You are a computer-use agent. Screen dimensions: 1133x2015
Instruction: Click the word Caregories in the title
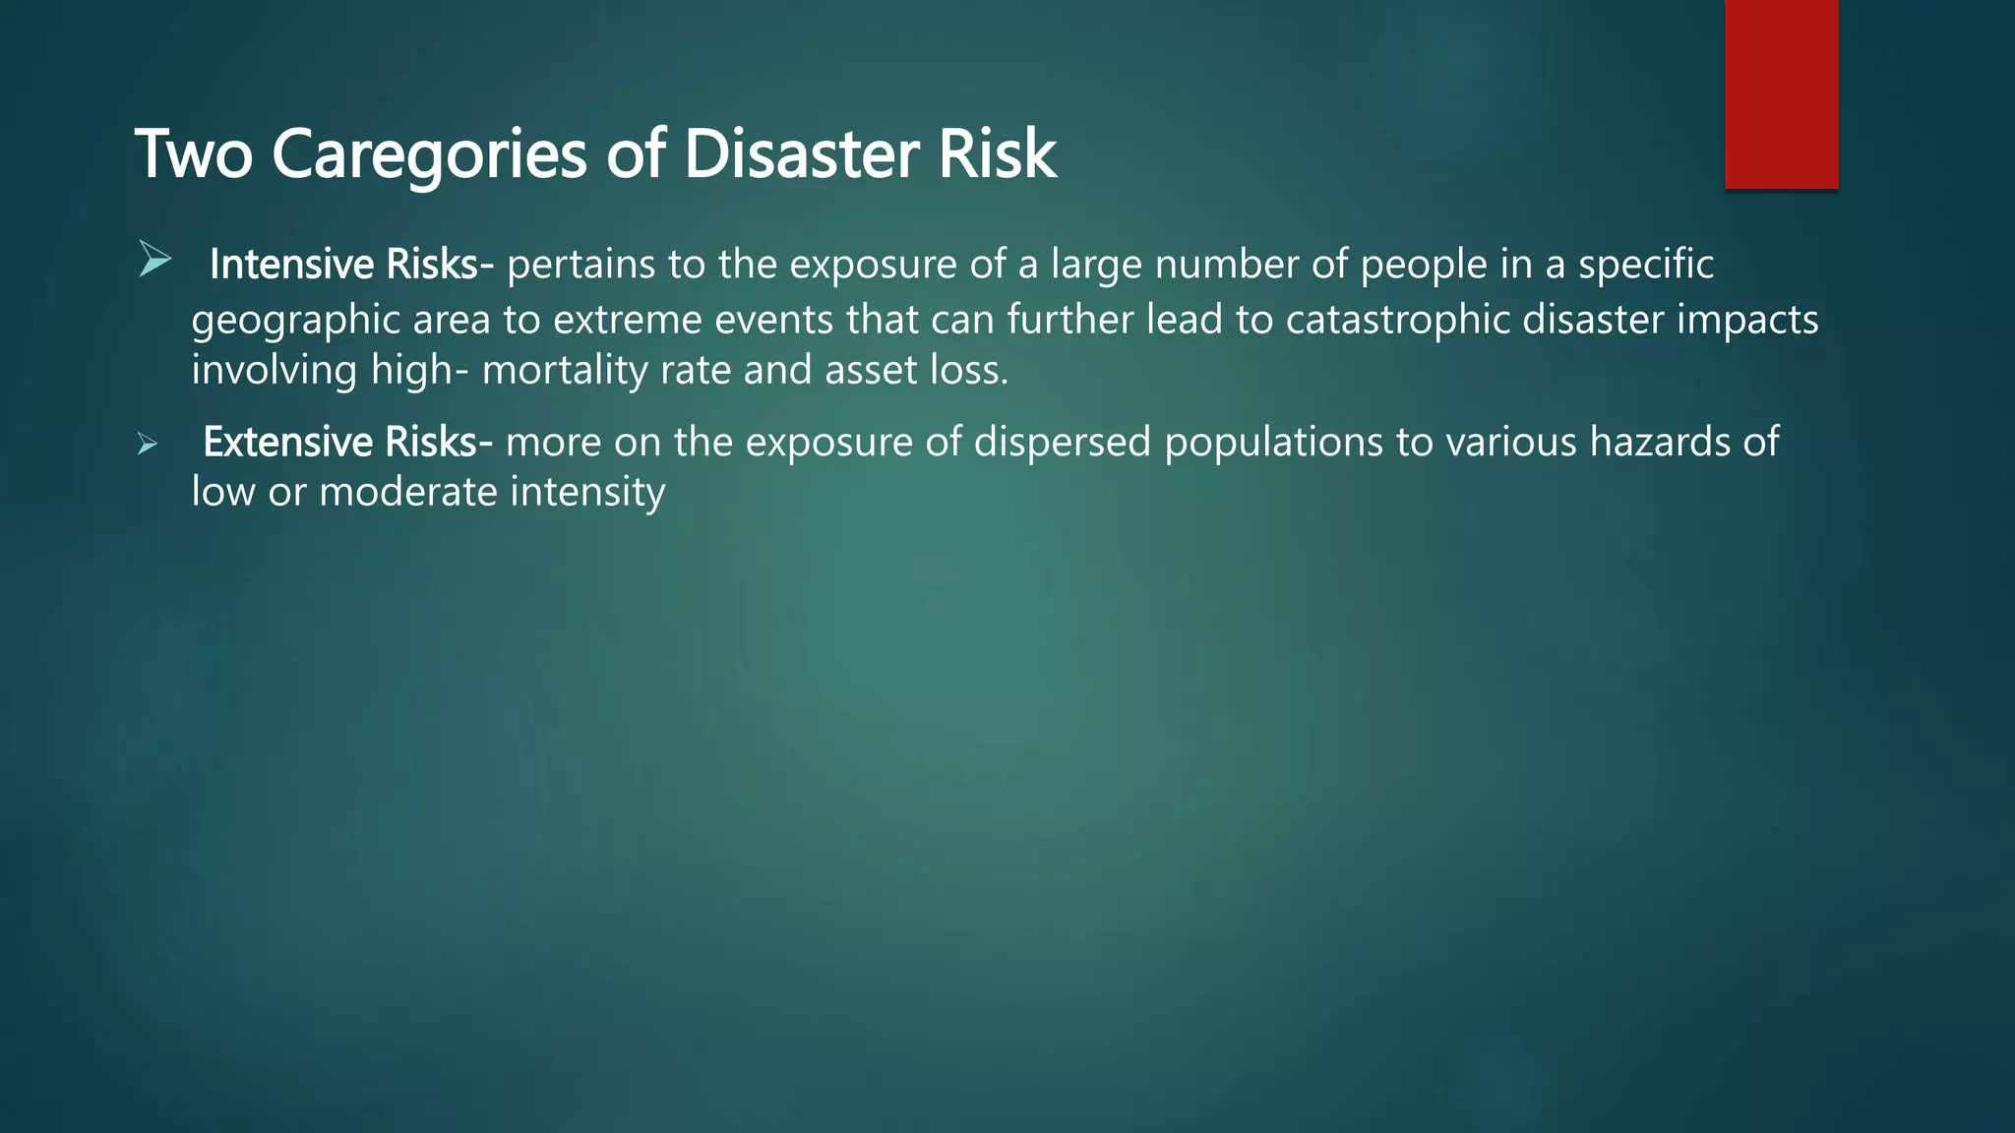point(429,154)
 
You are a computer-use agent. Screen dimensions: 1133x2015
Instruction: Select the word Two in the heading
point(194,154)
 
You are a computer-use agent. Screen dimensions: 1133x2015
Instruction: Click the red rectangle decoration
point(1781,93)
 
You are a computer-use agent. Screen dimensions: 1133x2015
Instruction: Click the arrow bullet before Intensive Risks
point(154,260)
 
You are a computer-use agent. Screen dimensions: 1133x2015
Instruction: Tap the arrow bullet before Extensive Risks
point(148,445)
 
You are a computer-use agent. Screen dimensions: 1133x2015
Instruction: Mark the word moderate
point(408,492)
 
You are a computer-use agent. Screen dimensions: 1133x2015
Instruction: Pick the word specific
point(1646,265)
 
